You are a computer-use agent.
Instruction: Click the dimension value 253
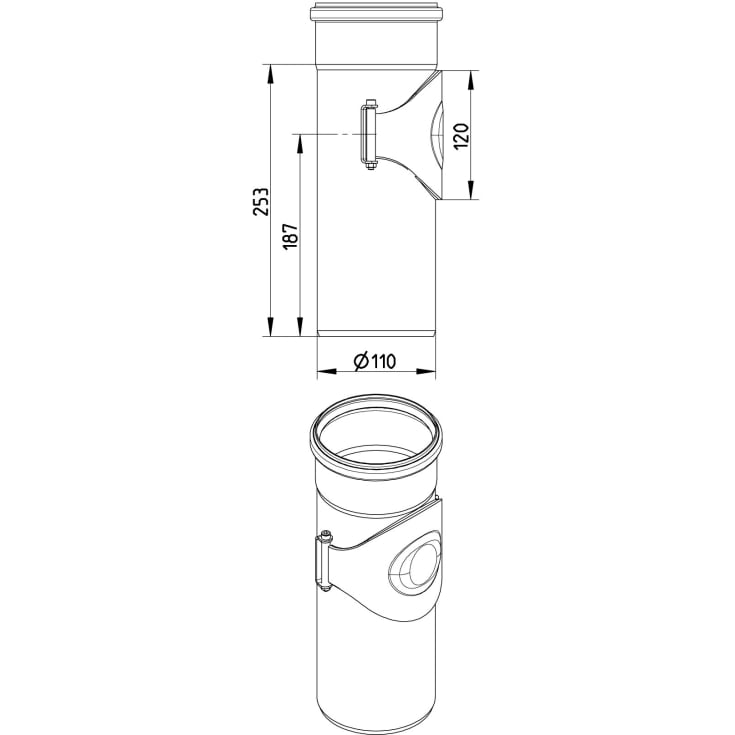point(262,201)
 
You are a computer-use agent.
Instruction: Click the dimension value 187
point(291,236)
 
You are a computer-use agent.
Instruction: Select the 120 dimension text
point(461,136)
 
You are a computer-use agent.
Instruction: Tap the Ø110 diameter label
point(375,361)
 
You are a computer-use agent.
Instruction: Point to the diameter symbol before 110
point(361,361)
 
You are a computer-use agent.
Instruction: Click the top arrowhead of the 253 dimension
point(270,74)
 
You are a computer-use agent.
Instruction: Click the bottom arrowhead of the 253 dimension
point(270,327)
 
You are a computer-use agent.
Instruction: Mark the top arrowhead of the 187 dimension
point(300,144)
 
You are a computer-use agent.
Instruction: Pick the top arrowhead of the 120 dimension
point(471,80)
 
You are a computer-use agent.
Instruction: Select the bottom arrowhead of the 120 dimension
point(471,190)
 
